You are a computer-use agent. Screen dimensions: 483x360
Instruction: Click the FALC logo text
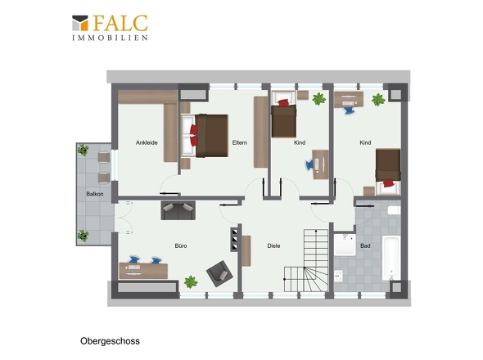click(x=120, y=23)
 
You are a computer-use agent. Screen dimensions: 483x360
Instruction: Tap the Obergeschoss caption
click(x=110, y=341)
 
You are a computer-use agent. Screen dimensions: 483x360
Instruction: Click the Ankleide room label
click(x=147, y=142)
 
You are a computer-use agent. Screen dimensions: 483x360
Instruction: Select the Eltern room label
click(x=240, y=142)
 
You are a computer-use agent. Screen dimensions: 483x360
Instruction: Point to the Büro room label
click(x=181, y=245)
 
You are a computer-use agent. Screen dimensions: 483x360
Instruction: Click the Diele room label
click(x=274, y=245)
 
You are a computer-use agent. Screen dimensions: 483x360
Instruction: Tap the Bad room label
click(x=365, y=245)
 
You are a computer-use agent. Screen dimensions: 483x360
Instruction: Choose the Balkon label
click(x=95, y=194)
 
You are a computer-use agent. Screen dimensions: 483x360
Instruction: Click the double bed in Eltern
click(x=205, y=136)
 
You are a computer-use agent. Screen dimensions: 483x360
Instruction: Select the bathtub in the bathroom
click(x=391, y=258)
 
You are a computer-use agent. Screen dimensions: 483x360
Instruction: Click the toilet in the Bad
click(x=394, y=210)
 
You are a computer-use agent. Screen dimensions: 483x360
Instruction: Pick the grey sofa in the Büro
click(x=178, y=210)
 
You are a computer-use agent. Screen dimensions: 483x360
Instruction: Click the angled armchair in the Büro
click(x=219, y=274)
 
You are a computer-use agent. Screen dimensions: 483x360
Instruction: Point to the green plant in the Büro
click(x=191, y=281)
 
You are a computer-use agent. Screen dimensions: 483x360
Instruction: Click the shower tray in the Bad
click(x=345, y=245)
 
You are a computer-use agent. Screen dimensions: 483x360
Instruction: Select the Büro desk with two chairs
click(x=143, y=268)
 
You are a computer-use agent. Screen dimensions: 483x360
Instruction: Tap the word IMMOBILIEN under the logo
click(x=110, y=38)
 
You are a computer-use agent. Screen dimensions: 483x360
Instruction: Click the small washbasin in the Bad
click(x=339, y=276)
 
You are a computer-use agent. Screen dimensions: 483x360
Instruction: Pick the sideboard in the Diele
click(x=246, y=251)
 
